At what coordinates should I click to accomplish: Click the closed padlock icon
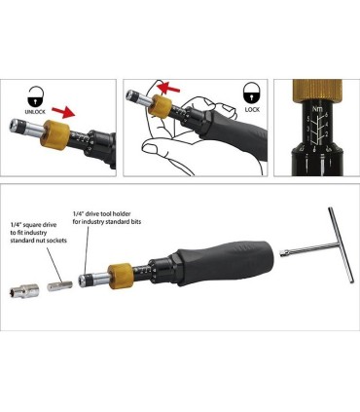pyautogui.click(x=252, y=95)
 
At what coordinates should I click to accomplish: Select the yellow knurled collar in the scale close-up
pyautogui.click(x=322, y=86)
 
